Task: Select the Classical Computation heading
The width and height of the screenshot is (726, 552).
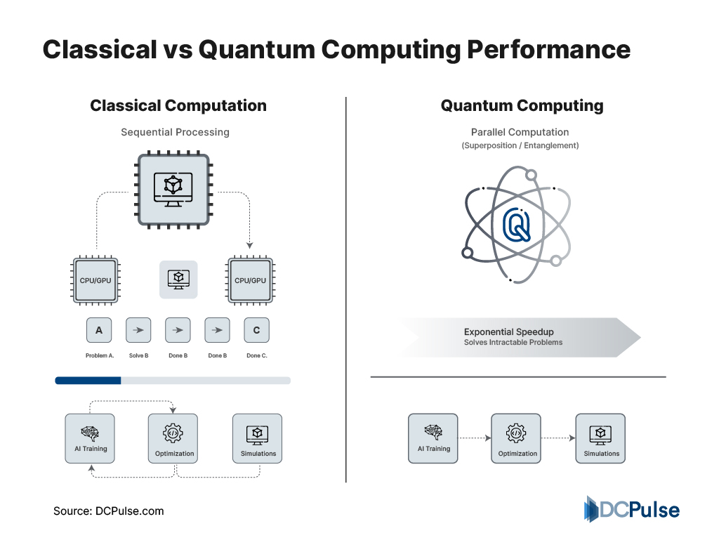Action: pos(178,106)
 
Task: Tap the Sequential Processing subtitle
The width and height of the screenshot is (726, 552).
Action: pos(175,132)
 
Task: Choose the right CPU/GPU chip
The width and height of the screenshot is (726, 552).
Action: pos(251,280)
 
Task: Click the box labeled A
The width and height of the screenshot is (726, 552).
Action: pos(99,329)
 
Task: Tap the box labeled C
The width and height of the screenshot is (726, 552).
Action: pos(256,329)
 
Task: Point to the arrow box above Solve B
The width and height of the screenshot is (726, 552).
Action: pos(138,329)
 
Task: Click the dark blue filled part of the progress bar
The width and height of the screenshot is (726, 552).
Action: pos(88,381)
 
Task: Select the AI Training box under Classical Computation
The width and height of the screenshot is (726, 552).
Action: pos(90,438)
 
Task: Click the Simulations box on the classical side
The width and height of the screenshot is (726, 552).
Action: pos(258,438)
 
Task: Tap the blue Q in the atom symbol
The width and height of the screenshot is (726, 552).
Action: pos(518,224)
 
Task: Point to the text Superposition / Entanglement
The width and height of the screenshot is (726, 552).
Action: pos(520,145)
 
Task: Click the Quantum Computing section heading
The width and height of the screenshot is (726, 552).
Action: pos(522,106)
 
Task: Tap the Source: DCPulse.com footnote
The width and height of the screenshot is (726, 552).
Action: pos(109,511)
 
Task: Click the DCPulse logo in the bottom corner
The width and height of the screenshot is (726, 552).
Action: pos(632,509)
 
